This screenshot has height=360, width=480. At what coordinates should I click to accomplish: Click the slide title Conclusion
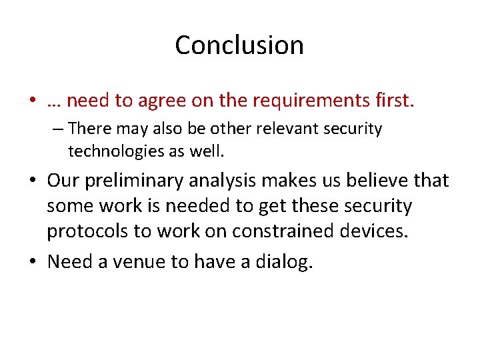(239, 45)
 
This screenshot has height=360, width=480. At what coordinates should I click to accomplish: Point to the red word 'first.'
(393, 101)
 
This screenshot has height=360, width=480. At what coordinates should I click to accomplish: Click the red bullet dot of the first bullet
(32, 101)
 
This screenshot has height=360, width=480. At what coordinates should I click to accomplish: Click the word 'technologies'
(117, 151)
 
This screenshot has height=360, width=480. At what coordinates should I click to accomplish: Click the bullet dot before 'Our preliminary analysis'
(32, 181)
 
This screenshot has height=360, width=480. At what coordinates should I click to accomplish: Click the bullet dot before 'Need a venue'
(32, 262)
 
